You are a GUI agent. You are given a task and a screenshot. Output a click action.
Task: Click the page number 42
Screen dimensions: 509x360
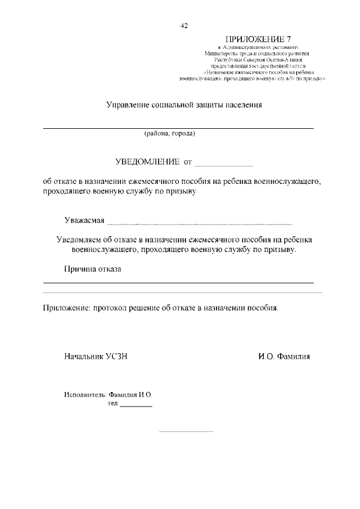184,26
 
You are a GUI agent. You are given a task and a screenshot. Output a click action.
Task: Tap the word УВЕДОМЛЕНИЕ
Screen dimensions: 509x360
147,162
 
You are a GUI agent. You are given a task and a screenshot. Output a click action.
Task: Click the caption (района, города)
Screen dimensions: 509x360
169,134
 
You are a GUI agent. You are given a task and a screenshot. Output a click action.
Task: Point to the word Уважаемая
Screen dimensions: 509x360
84,219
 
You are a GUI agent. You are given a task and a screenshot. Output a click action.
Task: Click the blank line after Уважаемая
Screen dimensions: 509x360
200,222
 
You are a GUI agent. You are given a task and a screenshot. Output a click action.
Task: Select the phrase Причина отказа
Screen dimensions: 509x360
92,269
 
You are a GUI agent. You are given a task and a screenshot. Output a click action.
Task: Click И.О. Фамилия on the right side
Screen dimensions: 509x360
284,357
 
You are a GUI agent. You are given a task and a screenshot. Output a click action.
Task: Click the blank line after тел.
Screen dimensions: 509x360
136,406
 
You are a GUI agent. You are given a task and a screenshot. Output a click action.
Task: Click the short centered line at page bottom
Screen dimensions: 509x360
186,431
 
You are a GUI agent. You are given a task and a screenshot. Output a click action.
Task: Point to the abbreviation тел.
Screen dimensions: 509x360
112,404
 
